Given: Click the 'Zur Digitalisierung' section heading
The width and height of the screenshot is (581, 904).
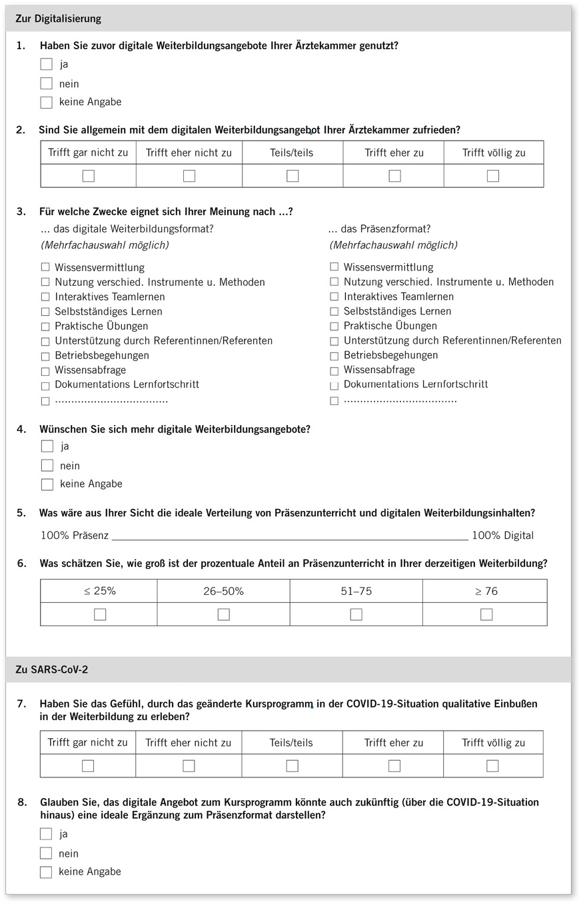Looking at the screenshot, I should (x=59, y=19).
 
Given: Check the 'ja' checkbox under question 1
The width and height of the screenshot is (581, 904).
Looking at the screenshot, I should (x=46, y=65).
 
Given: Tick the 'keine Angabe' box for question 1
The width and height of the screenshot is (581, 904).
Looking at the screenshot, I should (x=46, y=103).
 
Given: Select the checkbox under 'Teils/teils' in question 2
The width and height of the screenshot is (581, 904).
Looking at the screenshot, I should (x=292, y=176).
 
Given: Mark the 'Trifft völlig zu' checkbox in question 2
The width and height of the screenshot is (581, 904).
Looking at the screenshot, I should (x=493, y=176).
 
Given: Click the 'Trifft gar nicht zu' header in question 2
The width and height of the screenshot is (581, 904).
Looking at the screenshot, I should (x=88, y=153).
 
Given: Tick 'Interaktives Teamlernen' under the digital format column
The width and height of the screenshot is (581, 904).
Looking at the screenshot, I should (x=45, y=297).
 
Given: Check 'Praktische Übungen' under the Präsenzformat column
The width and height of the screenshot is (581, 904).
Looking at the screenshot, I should (x=334, y=326).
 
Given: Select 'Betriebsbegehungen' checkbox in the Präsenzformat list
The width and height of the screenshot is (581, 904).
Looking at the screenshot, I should (x=334, y=356).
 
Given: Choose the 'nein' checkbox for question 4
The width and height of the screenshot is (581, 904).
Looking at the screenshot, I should (x=47, y=466).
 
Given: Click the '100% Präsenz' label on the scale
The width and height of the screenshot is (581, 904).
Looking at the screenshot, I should (x=75, y=536).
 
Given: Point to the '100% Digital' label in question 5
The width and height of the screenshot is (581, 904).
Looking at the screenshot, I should (x=503, y=536).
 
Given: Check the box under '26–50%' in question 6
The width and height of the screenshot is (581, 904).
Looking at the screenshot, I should (x=224, y=614).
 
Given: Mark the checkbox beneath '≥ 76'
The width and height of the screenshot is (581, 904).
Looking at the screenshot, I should (x=486, y=614).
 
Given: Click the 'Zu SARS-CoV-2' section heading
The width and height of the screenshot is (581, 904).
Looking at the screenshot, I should (x=52, y=670).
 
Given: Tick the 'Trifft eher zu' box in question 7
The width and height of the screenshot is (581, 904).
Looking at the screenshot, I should (x=394, y=766).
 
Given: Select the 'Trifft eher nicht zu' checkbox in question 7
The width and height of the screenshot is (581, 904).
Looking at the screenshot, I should (x=189, y=766).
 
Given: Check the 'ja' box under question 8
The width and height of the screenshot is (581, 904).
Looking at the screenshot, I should (x=46, y=834).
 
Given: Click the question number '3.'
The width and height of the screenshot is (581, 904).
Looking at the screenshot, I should (x=21, y=212).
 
